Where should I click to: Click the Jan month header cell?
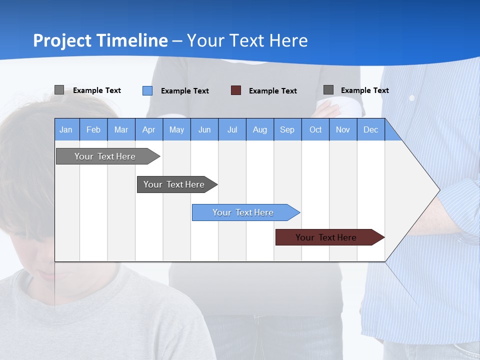pyautogui.click(x=66, y=129)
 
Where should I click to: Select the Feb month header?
pyautogui.click(x=93, y=129)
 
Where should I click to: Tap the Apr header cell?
pyautogui.click(x=149, y=129)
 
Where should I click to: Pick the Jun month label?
pyautogui.click(x=204, y=129)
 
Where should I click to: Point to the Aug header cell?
pyautogui.click(x=260, y=129)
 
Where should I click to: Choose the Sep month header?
pyautogui.click(x=287, y=129)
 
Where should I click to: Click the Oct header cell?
pyautogui.click(x=315, y=129)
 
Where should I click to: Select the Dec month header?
pyautogui.click(x=371, y=129)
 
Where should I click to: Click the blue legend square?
pyautogui.click(x=147, y=90)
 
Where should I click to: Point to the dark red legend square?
pyautogui.click(x=236, y=90)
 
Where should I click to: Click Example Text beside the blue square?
pyautogui.click(x=185, y=91)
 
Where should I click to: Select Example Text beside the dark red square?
pyautogui.click(x=273, y=91)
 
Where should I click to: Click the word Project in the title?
pyautogui.click(x=62, y=40)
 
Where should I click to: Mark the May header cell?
pyautogui.click(x=176, y=129)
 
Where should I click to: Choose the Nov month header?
pyautogui.click(x=343, y=129)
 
